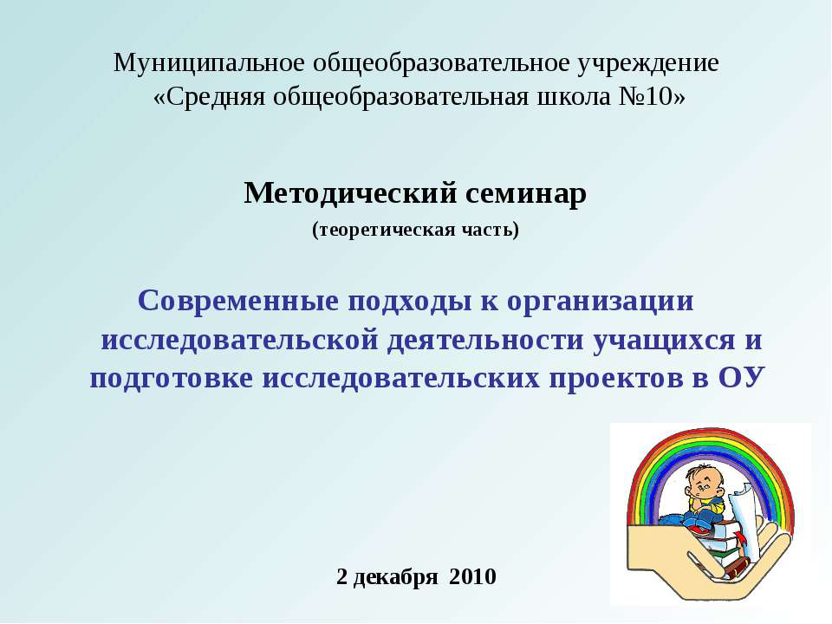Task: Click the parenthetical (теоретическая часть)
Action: [x=415, y=231]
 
